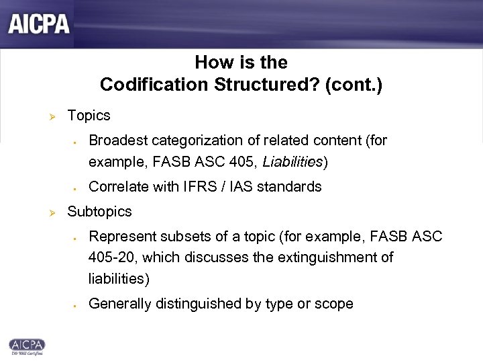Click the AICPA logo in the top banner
pyautogui.click(x=40, y=24)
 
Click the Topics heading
pyautogui.click(x=89, y=116)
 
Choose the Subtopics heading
pyautogui.click(x=100, y=212)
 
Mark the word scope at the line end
pyautogui.click(x=335, y=304)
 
